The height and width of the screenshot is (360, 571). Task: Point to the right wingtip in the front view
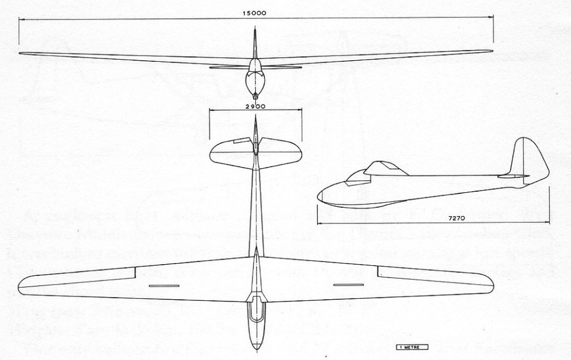[x=491, y=51]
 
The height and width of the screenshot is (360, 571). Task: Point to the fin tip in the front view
[x=254, y=32]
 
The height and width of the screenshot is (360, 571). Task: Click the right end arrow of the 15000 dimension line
[x=494, y=19]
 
